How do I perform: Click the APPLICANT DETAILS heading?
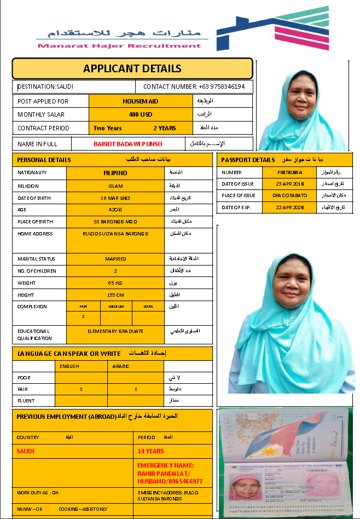(x=132, y=68)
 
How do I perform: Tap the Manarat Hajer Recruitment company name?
(x=119, y=45)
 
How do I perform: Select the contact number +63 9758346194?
(x=194, y=86)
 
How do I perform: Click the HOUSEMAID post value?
(x=140, y=101)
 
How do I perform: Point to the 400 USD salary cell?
(x=140, y=114)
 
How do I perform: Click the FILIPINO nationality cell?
(x=115, y=172)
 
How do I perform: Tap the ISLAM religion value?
(x=115, y=185)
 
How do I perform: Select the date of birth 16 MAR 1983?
(x=115, y=197)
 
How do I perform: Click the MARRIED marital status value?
(x=115, y=258)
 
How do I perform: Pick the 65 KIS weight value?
(x=115, y=283)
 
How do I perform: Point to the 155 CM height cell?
(x=115, y=295)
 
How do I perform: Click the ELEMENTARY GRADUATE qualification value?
(x=115, y=331)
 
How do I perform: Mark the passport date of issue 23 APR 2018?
(x=289, y=183)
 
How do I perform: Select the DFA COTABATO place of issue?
(x=289, y=195)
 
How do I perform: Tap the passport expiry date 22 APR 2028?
(x=289, y=207)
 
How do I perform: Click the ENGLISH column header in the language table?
(x=69, y=366)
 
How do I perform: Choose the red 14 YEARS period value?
(x=150, y=451)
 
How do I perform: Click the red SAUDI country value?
(x=26, y=451)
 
